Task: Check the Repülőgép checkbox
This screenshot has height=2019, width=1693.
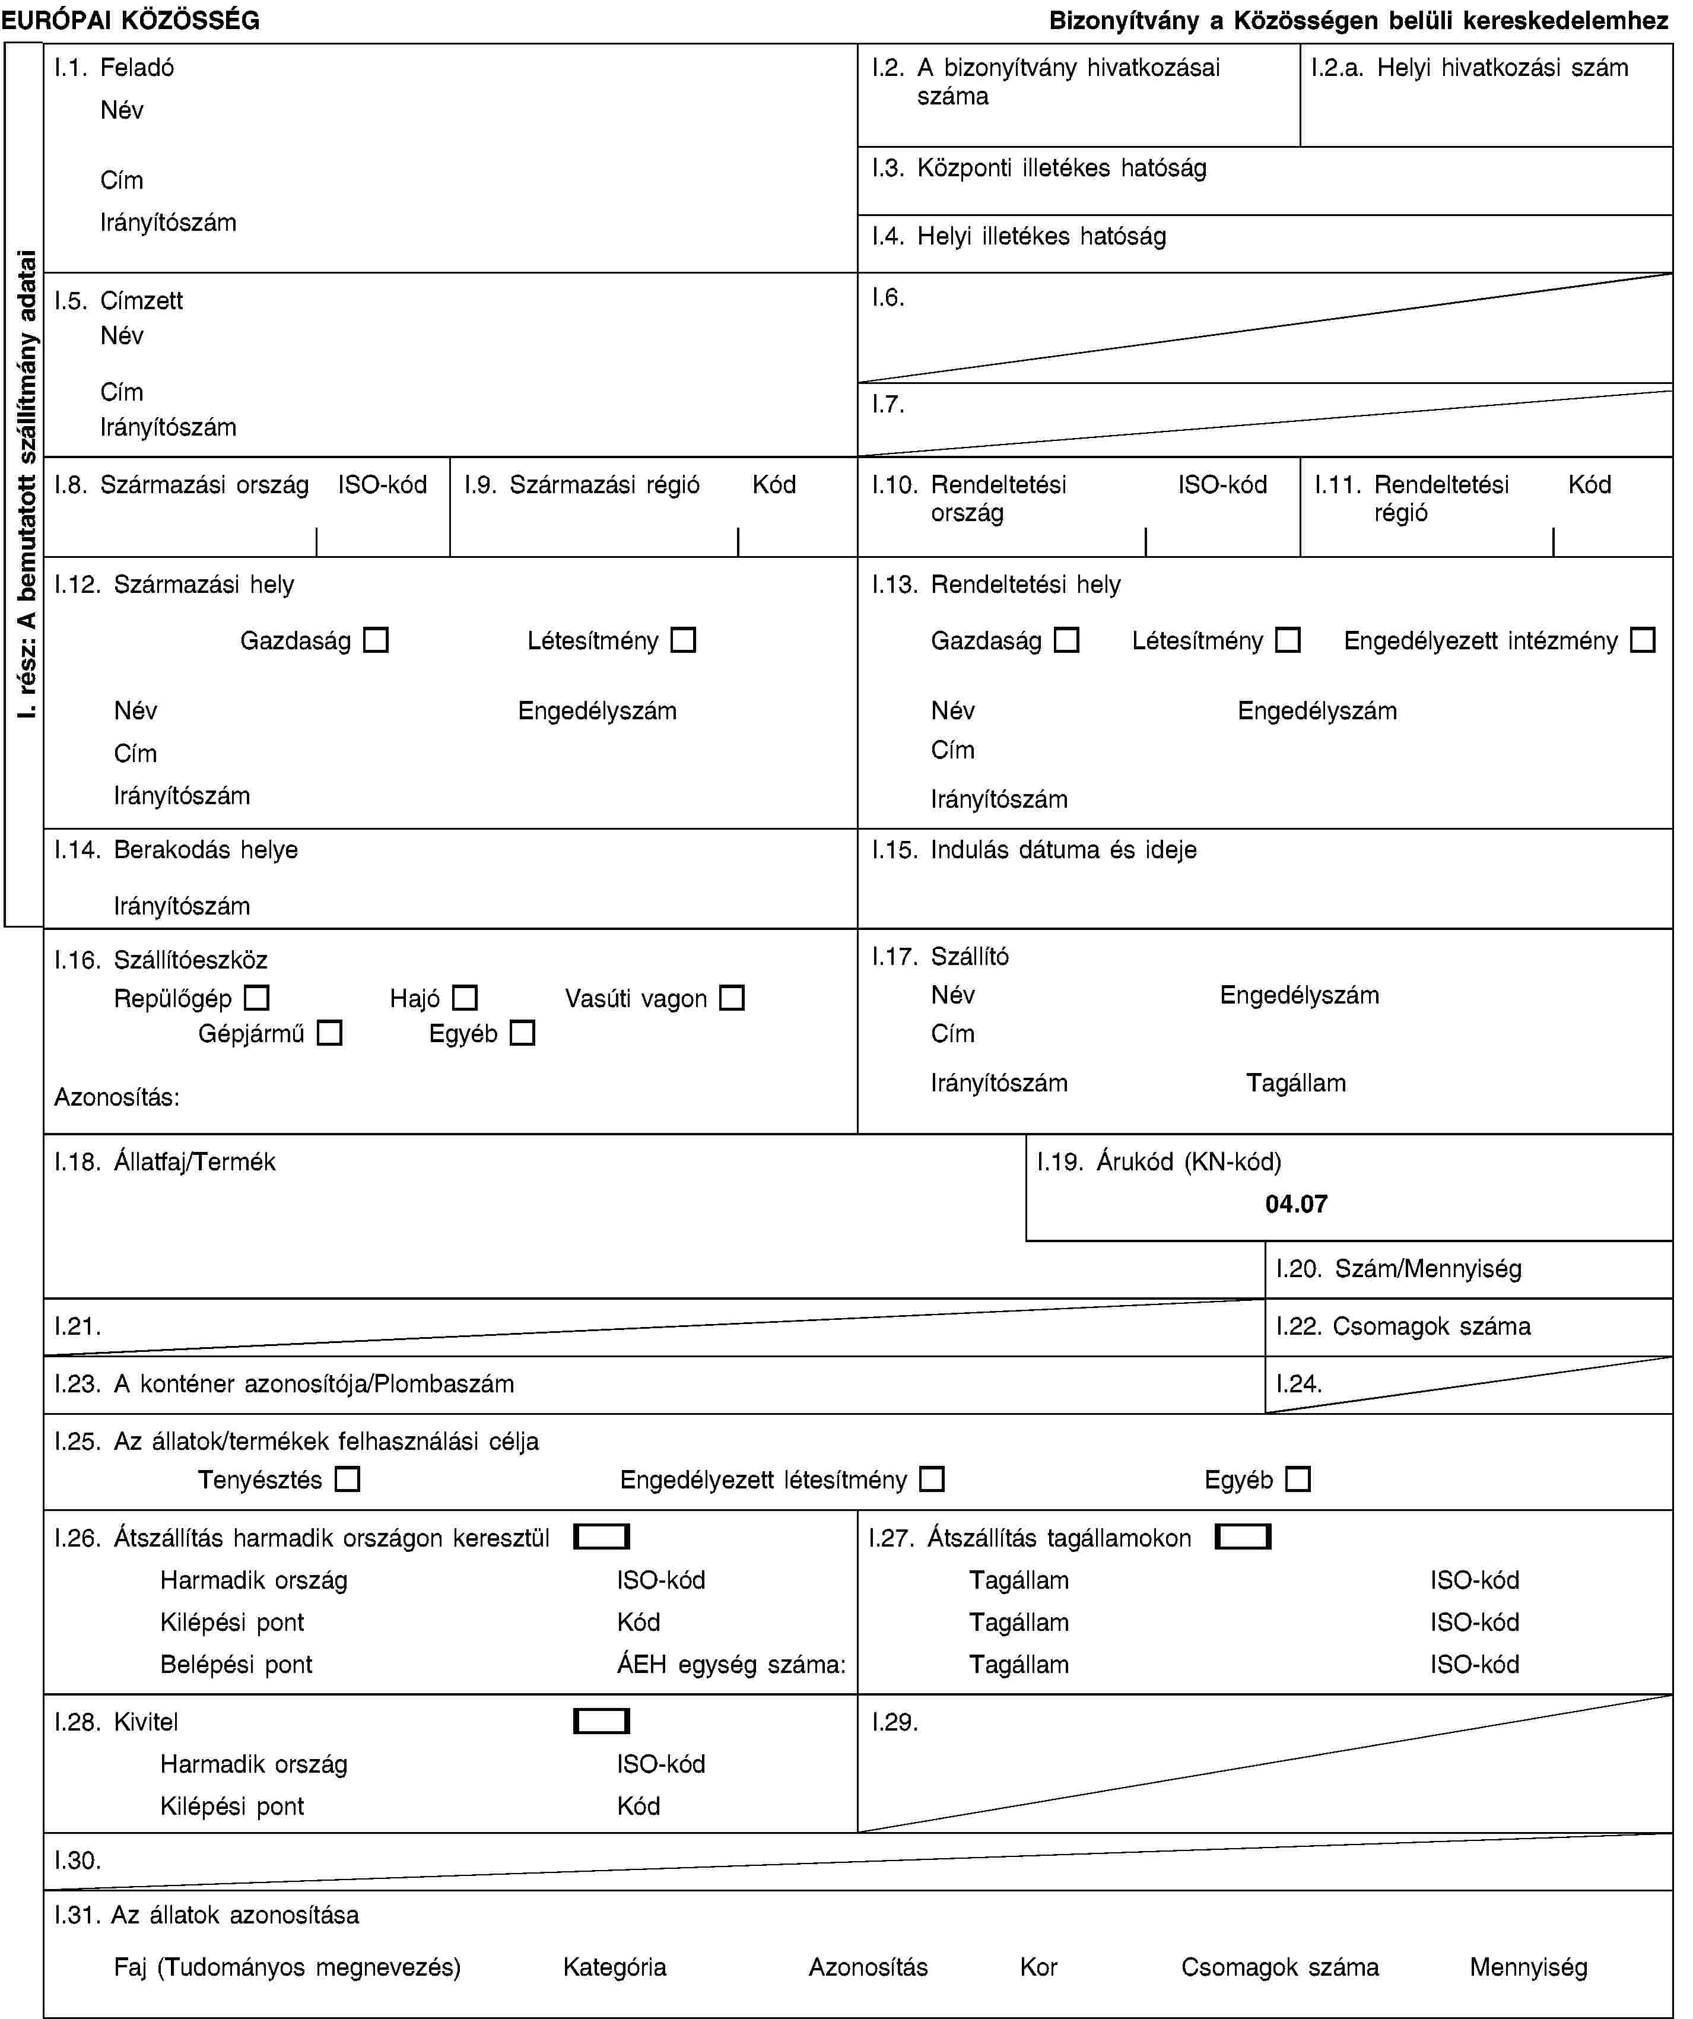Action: point(257,998)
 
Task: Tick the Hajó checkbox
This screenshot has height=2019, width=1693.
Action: point(465,998)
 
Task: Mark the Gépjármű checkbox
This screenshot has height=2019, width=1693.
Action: point(330,1034)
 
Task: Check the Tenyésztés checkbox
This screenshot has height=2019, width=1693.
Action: point(347,1479)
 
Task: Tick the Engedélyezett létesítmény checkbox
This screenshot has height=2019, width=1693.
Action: point(930,1479)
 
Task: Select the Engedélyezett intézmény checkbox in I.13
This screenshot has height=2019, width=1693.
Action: point(1643,640)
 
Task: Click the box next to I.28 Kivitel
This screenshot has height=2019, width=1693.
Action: point(601,1721)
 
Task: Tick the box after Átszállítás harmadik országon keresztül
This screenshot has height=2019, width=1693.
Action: point(601,1537)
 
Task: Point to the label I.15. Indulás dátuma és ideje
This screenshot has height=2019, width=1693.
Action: point(1034,850)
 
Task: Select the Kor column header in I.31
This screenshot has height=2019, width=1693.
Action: point(1038,1967)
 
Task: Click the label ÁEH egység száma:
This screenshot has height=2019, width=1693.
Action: point(730,1664)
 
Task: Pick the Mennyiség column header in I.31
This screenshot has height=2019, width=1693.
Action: point(1527,1967)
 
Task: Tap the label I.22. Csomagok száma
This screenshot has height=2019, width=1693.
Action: point(1403,1327)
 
